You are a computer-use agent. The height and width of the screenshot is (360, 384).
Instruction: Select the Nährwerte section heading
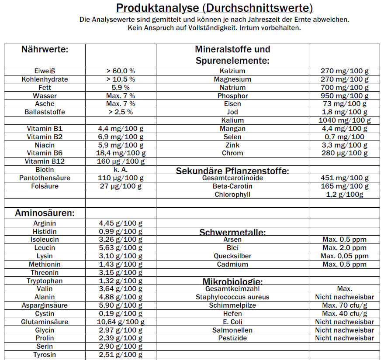click(x=45, y=49)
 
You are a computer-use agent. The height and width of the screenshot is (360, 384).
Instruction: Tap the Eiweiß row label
click(x=45, y=71)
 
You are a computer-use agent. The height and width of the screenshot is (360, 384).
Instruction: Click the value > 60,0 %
click(x=121, y=71)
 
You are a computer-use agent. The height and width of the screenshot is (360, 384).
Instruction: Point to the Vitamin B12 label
click(x=45, y=161)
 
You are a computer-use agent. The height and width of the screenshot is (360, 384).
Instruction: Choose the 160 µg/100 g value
click(x=121, y=161)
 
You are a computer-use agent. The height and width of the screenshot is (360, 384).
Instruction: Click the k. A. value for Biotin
click(x=121, y=170)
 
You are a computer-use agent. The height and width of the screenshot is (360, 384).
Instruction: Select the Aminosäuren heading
click(x=45, y=213)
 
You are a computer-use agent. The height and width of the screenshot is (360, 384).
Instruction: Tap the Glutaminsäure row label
click(x=45, y=322)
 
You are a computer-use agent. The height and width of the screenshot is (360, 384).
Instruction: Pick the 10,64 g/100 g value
click(x=121, y=322)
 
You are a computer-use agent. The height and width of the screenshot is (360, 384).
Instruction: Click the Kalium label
click(x=232, y=120)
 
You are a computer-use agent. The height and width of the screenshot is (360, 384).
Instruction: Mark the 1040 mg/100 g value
click(x=345, y=120)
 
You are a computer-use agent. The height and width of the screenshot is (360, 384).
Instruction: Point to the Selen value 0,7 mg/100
click(x=345, y=137)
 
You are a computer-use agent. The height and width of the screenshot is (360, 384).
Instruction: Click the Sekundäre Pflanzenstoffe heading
click(x=232, y=171)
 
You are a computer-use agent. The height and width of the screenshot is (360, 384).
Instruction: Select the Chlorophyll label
click(x=232, y=195)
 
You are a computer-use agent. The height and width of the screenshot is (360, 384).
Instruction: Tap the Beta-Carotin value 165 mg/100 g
click(x=345, y=186)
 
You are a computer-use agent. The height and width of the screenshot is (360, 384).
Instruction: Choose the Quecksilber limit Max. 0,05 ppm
click(x=345, y=256)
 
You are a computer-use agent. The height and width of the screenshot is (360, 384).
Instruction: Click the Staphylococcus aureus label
click(x=232, y=297)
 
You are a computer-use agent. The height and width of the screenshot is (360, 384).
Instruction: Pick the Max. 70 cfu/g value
click(x=345, y=305)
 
